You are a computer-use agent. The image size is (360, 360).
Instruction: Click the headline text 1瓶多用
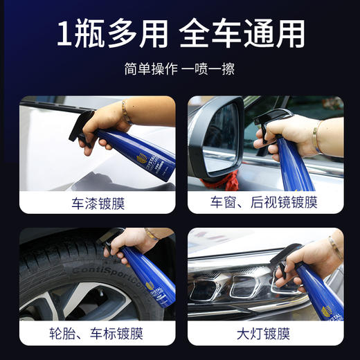coord(110,33)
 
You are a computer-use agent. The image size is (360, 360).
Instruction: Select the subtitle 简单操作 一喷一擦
coord(179,69)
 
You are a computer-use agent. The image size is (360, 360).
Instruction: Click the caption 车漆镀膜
coord(97,202)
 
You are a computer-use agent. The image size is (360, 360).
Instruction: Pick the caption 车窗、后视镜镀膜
coord(264,202)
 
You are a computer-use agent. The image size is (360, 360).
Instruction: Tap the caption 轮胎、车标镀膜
coord(97,334)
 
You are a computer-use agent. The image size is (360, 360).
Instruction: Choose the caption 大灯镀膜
coord(264,334)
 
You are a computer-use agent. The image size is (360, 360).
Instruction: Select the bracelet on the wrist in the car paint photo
coord(126,110)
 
